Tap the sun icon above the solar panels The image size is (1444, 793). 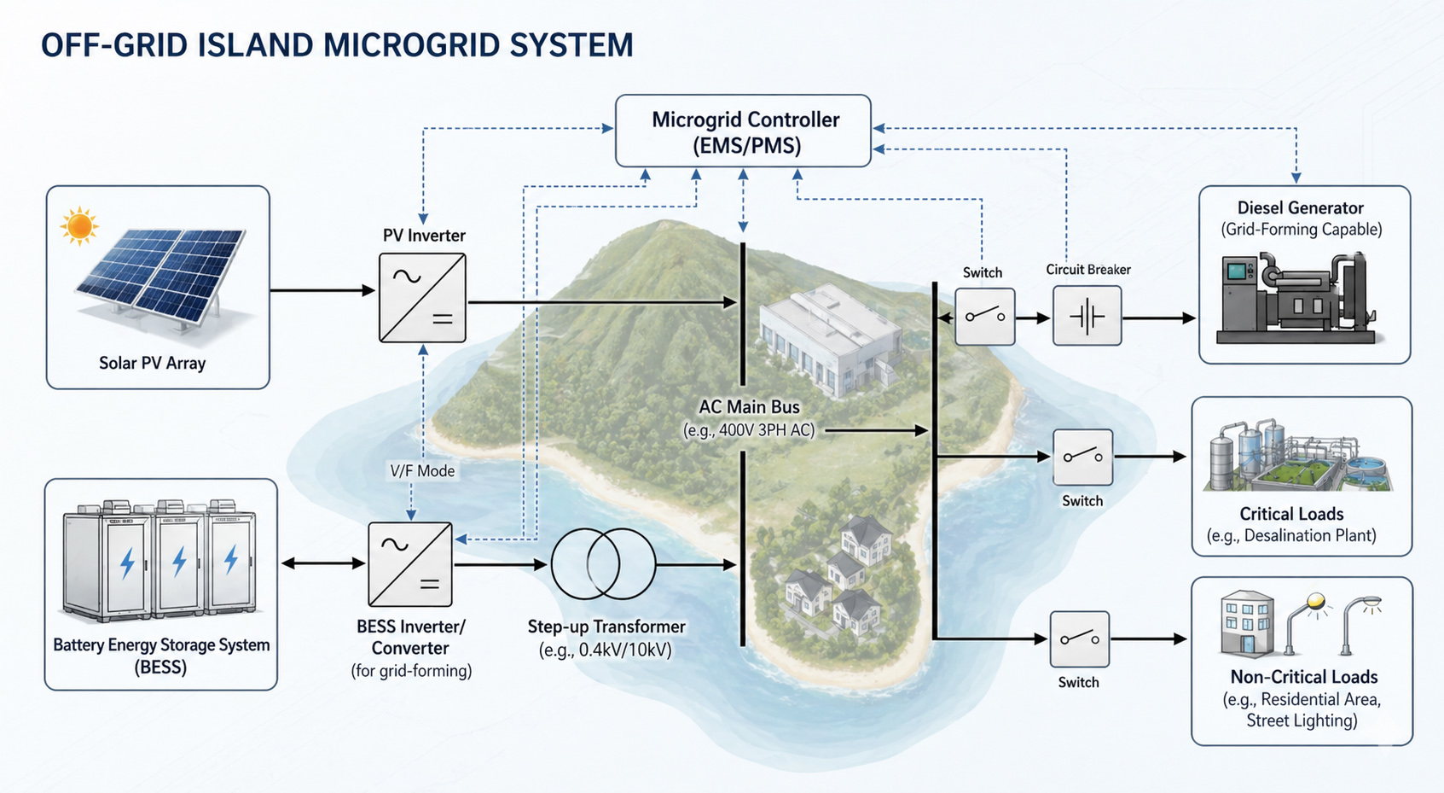tap(78, 226)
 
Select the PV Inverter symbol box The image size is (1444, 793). tap(422, 297)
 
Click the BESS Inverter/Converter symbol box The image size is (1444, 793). tap(410, 564)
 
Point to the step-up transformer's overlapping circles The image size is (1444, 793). tap(603, 564)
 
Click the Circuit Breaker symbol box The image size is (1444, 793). tap(1087, 316)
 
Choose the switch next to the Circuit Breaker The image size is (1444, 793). tap(984, 316)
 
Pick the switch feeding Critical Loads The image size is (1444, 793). tap(1083, 457)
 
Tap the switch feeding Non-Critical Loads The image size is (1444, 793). tap(1080, 638)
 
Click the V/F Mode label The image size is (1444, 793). tap(422, 471)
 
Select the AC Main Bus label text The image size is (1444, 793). tap(749, 407)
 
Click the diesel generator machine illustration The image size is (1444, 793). tap(1296, 298)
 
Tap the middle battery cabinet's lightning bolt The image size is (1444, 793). tap(179, 562)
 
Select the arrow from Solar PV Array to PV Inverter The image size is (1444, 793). tap(322, 290)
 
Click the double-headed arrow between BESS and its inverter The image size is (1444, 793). tap(323, 564)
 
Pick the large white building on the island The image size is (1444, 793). tap(832, 338)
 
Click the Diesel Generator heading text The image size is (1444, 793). tap(1300, 207)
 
